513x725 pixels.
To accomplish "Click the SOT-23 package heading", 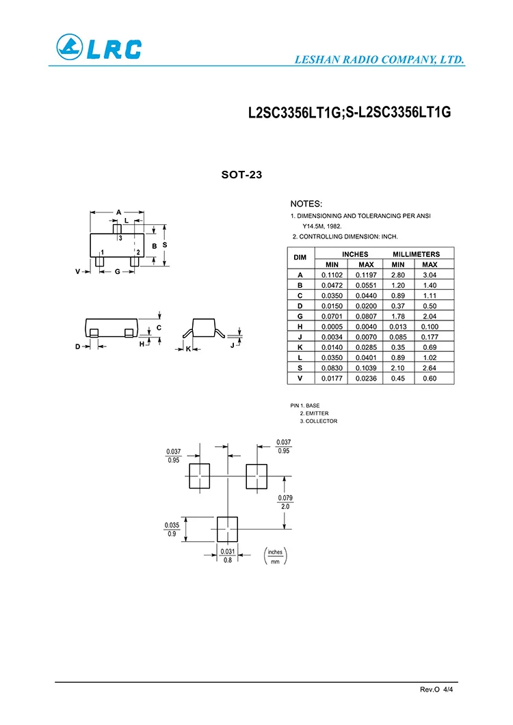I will (x=241, y=175).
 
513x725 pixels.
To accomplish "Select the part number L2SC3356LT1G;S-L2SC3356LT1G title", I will (x=350, y=113).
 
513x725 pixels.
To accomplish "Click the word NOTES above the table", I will (x=306, y=204).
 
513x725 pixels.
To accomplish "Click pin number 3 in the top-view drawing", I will (x=120, y=238).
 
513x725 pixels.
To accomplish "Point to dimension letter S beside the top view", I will (x=165, y=245).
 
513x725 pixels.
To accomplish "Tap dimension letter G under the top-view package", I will (x=117, y=271).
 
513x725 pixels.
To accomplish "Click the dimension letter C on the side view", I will (x=159, y=328).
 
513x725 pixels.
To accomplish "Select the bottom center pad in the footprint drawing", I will (x=228, y=529).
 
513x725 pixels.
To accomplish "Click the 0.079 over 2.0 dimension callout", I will (x=285, y=502).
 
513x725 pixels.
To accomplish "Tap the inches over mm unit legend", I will (x=275, y=556).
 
